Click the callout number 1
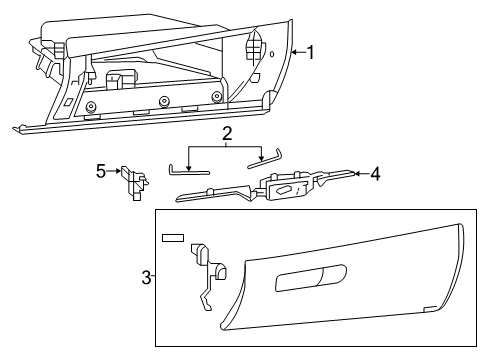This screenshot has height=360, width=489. pyautogui.click(x=311, y=52)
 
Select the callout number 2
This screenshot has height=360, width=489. pyautogui.click(x=227, y=132)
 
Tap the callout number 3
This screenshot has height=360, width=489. pyautogui.click(x=146, y=277)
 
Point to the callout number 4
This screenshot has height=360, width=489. pyautogui.click(x=375, y=174)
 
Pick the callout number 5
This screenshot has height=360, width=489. pyautogui.click(x=100, y=171)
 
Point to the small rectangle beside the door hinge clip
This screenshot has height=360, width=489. pyautogui.click(x=172, y=239)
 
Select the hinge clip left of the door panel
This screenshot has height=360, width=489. pyautogui.click(x=206, y=274)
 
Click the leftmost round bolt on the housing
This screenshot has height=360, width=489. pyautogui.click(x=91, y=107)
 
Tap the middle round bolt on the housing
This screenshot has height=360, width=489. pyautogui.click(x=162, y=100)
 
